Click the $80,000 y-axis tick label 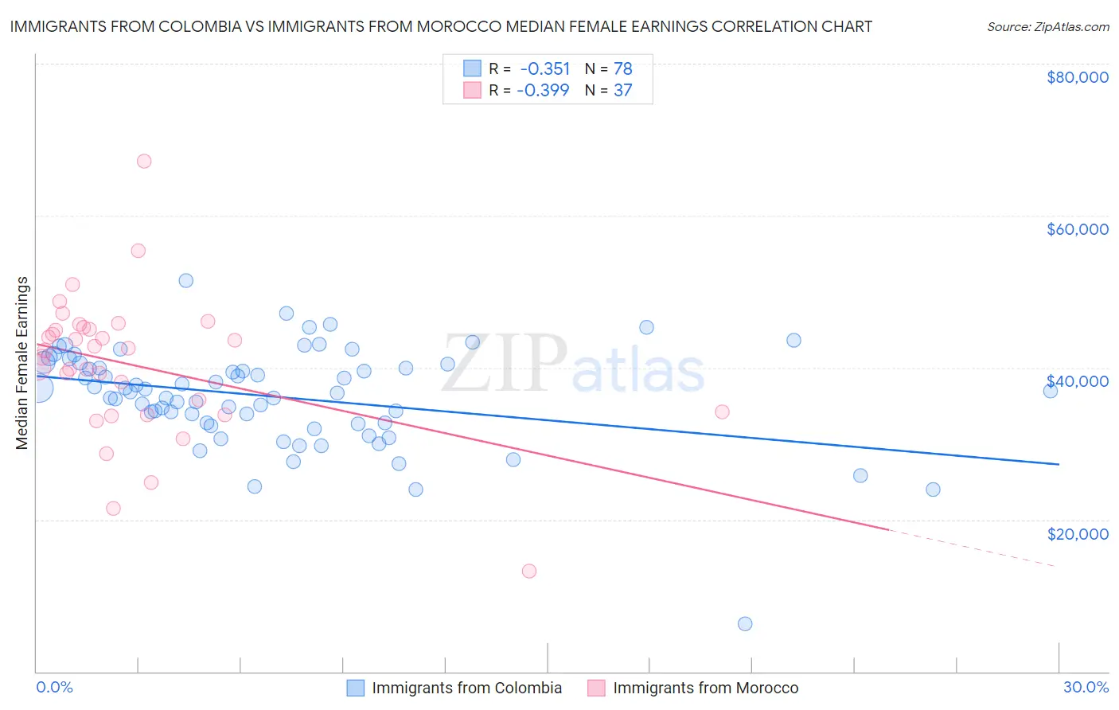click(1077, 77)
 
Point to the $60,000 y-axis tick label click(1077, 229)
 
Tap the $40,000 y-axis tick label click(1077, 381)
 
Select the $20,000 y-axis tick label click(1077, 533)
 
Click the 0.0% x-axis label click(54, 687)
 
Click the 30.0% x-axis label click(1086, 687)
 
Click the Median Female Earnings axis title click(22, 363)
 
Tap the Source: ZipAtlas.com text click(1047, 26)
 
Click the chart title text click(441, 26)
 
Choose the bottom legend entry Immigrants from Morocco click(704, 688)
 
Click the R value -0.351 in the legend click(544, 69)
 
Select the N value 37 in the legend click(622, 91)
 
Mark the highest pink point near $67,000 click(144, 161)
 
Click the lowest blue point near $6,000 click(745, 624)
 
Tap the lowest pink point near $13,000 click(529, 571)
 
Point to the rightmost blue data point click(1051, 391)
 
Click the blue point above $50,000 click(186, 280)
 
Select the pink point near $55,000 click(138, 251)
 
